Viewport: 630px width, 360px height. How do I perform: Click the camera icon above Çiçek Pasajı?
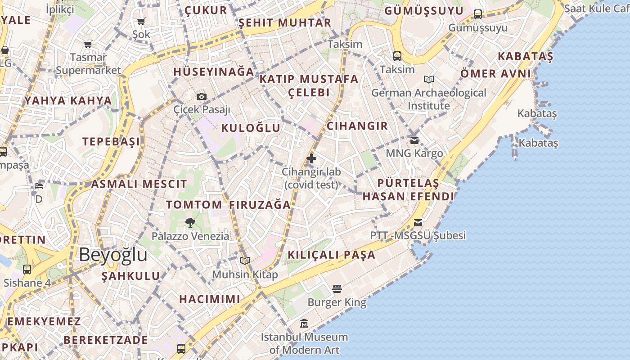click(x=202, y=96)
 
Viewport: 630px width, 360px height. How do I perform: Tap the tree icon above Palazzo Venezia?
click(x=190, y=222)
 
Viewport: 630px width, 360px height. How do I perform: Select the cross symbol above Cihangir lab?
click(x=311, y=158)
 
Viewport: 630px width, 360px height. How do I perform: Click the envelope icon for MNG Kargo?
click(x=414, y=140)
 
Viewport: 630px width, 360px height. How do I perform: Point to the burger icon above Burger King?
click(x=337, y=288)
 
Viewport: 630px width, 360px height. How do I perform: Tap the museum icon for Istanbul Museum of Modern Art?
click(x=304, y=323)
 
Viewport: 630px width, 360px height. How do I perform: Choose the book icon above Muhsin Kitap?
click(x=245, y=261)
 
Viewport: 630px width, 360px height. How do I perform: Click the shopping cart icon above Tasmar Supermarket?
click(x=88, y=44)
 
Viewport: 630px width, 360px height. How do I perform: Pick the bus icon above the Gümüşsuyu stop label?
click(x=478, y=14)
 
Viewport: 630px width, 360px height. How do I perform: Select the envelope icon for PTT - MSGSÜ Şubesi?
click(x=418, y=222)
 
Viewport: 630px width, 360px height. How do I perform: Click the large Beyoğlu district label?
click(x=113, y=255)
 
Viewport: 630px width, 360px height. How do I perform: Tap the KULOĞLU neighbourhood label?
click(x=251, y=128)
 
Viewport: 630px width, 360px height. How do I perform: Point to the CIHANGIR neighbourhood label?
click(x=357, y=126)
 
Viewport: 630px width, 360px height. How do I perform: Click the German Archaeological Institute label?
click(x=428, y=99)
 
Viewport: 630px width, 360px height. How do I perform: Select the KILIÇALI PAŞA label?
click(x=331, y=255)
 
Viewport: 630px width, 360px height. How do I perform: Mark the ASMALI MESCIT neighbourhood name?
click(x=139, y=184)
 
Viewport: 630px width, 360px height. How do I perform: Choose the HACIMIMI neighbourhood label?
click(x=210, y=299)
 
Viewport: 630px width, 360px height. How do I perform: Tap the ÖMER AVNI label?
click(x=495, y=73)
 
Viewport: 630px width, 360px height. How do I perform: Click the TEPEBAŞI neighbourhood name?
click(x=111, y=142)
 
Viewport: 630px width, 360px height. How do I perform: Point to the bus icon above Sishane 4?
click(x=27, y=270)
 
